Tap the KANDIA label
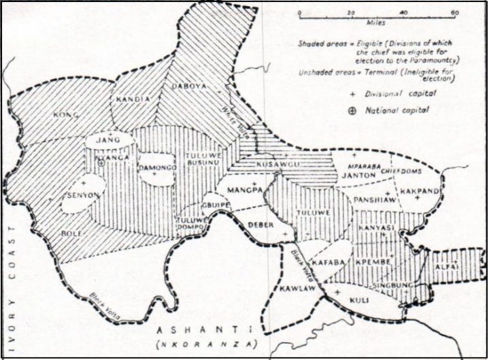(x=133, y=99)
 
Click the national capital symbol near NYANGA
(x=101, y=163)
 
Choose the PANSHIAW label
(x=371, y=199)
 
